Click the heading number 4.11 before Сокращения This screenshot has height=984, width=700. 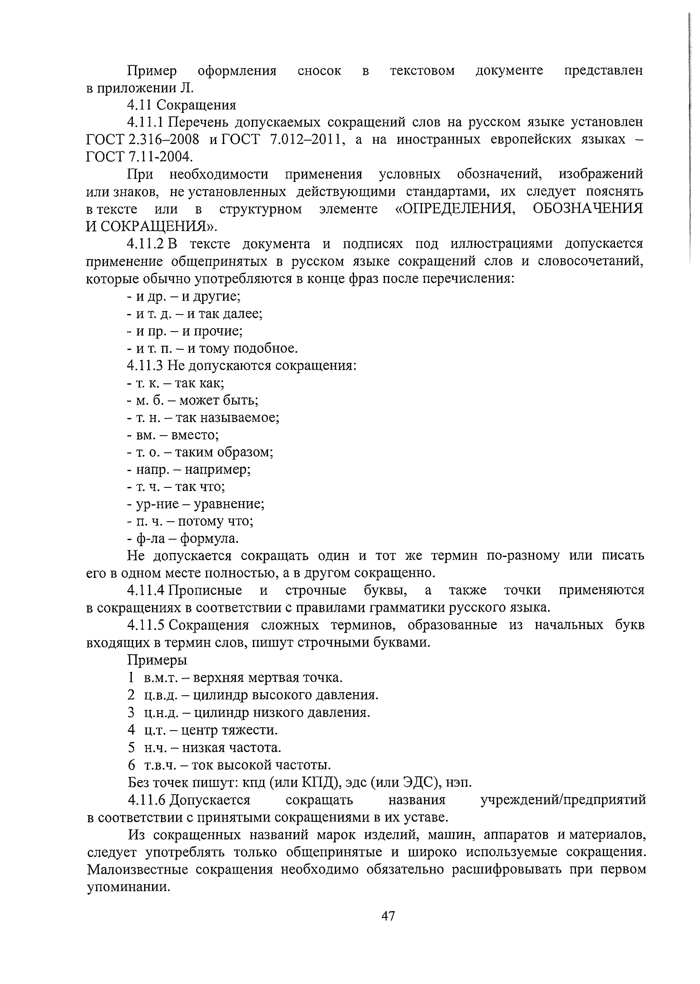(141, 105)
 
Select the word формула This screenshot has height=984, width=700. (209, 539)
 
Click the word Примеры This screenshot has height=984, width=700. (157, 660)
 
